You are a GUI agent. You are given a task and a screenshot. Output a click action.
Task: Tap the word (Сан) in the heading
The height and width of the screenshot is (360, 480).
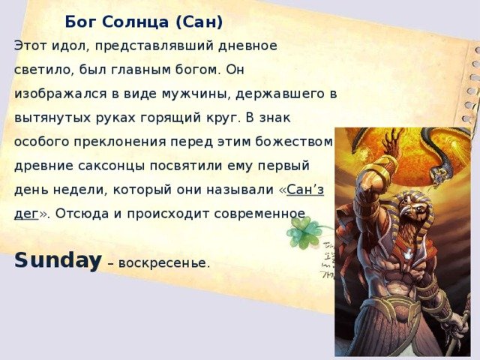point(199,22)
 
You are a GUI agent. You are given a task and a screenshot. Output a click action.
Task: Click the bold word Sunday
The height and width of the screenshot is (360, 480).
point(58,261)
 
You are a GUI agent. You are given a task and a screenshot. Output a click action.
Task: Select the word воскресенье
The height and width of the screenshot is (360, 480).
point(164,263)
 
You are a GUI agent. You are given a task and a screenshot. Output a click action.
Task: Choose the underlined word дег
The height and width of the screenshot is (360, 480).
point(26,214)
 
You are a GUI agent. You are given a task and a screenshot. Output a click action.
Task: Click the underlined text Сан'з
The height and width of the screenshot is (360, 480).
point(305,190)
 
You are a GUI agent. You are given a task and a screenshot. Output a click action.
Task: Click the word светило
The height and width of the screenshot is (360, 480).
point(44,70)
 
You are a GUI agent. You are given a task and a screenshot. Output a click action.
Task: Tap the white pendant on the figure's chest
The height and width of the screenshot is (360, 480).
point(406,253)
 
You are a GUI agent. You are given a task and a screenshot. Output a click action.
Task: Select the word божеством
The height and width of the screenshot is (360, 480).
point(293,142)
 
